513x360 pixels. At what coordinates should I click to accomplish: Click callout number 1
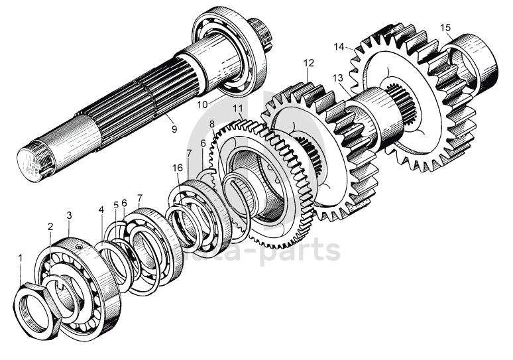20,257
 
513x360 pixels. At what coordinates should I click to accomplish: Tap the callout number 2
50,227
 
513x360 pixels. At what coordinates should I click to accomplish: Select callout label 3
69,215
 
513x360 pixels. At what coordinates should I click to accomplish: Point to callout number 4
101,210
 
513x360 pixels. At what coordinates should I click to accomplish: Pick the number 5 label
115,205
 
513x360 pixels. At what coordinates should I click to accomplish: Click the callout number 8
211,124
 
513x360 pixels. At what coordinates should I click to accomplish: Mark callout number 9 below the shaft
174,130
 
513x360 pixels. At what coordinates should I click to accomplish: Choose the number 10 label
201,104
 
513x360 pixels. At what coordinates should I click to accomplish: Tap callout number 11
238,108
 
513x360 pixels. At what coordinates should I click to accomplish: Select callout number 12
308,64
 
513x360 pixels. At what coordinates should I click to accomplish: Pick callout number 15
445,27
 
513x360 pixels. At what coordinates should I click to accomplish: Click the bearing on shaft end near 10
229,53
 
